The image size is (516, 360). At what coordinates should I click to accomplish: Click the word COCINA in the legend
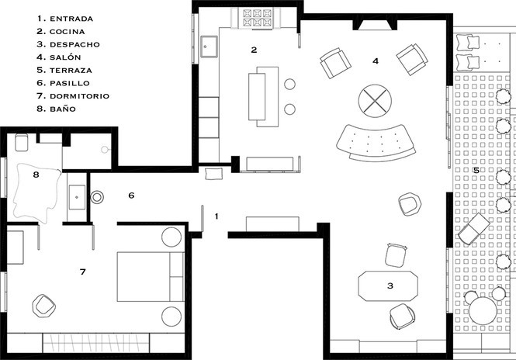pyautogui.click(x=68, y=32)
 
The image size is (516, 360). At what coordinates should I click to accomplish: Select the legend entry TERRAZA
pyautogui.click(x=71, y=71)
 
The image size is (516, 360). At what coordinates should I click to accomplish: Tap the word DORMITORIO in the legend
pyautogui.click(x=79, y=96)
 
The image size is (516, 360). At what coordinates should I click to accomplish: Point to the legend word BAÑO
pyautogui.click(x=63, y=109)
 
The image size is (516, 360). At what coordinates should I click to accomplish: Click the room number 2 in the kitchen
pyautogui.click(x=254, y=50)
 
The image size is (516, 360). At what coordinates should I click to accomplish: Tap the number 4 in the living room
pyautogui.click(x=376, y=61)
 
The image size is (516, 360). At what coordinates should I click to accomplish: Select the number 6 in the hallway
pyautogui.click(x=131, y=196)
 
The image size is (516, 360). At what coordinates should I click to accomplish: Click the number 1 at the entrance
pyautogui.click(x=216, y=216)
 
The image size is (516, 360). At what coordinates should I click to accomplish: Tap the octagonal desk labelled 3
pyautogui.click(x=388, y=286)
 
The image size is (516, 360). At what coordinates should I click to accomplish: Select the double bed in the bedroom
pyautogui.click(x=151, y=277)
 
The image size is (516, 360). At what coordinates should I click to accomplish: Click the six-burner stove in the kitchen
pyautogui.click(x=258, y=17)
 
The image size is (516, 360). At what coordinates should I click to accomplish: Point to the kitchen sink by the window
pyautogui.click(x=209, y=47)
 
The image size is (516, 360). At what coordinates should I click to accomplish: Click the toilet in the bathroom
pyautogui.click(x=22, y=143)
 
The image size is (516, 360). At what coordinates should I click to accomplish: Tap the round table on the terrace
pyautogui.click(x=483, y=311)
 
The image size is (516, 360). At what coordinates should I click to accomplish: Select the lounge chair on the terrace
pyautogui.click(x=473, y=229)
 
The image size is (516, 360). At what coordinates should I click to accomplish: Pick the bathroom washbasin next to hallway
pyautogui.click(x=77, y=197)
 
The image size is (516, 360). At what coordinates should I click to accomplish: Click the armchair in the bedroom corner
pyautogui.click(x=43, y=306)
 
